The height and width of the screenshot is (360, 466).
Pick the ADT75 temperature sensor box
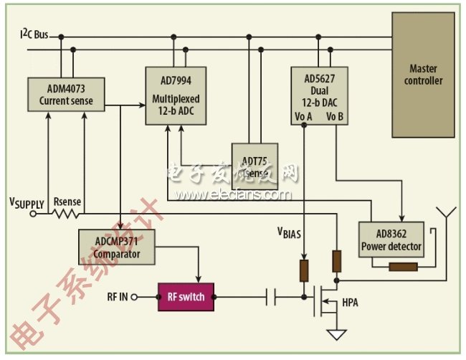[x=254, y=166]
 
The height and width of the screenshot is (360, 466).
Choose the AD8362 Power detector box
[x=390, y=241]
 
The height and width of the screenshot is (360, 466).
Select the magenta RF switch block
[x=186, y=296]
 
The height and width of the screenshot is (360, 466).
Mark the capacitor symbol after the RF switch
[x=271, y=295]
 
